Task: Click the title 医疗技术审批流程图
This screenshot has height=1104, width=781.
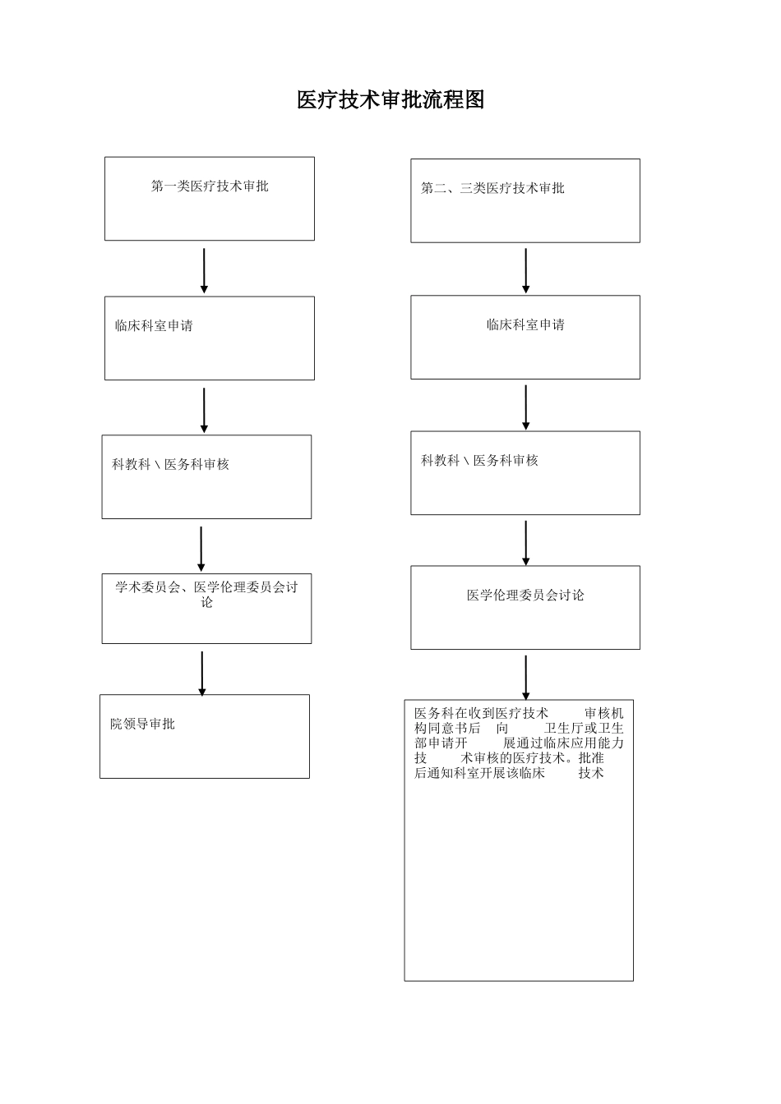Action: [x=390, y=100]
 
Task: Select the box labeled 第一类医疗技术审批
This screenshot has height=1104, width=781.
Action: [x=209, y=199]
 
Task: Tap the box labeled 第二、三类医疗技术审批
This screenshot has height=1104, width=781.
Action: [x=525, y=200]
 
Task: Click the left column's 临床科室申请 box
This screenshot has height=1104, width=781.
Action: [x=209, y=338]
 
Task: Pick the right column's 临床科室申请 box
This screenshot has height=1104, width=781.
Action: [x=525, y=337]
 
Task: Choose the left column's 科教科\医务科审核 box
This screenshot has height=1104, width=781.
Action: [x=206, y=476]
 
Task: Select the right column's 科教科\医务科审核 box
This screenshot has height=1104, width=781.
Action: [x=525, y=473]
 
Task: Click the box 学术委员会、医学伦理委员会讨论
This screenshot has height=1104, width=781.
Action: [x=206, y=608]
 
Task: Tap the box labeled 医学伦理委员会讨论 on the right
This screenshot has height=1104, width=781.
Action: [x=525, y=607]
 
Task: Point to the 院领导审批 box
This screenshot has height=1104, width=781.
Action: [x=205, y=736]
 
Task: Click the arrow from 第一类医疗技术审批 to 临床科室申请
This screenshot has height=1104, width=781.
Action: [x=204, y=270]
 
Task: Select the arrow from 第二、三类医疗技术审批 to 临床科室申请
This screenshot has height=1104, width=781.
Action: [x=525, y=270]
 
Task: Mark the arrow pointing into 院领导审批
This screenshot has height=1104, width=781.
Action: [x=202, y=674]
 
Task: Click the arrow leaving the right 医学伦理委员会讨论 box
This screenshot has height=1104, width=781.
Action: [x=525, y=677]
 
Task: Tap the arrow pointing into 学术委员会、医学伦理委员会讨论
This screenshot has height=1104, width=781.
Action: [x=201, y=548]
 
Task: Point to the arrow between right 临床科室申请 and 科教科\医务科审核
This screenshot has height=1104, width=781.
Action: [x=525, y=407]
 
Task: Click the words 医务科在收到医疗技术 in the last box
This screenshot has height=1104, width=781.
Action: [x=481, y=713]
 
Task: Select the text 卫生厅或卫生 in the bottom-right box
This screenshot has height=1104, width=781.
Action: [x=584, y=728]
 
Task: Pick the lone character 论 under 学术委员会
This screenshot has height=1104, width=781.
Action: [x=207, y=602]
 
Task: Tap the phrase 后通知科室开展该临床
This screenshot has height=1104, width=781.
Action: [x=479, y=773]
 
